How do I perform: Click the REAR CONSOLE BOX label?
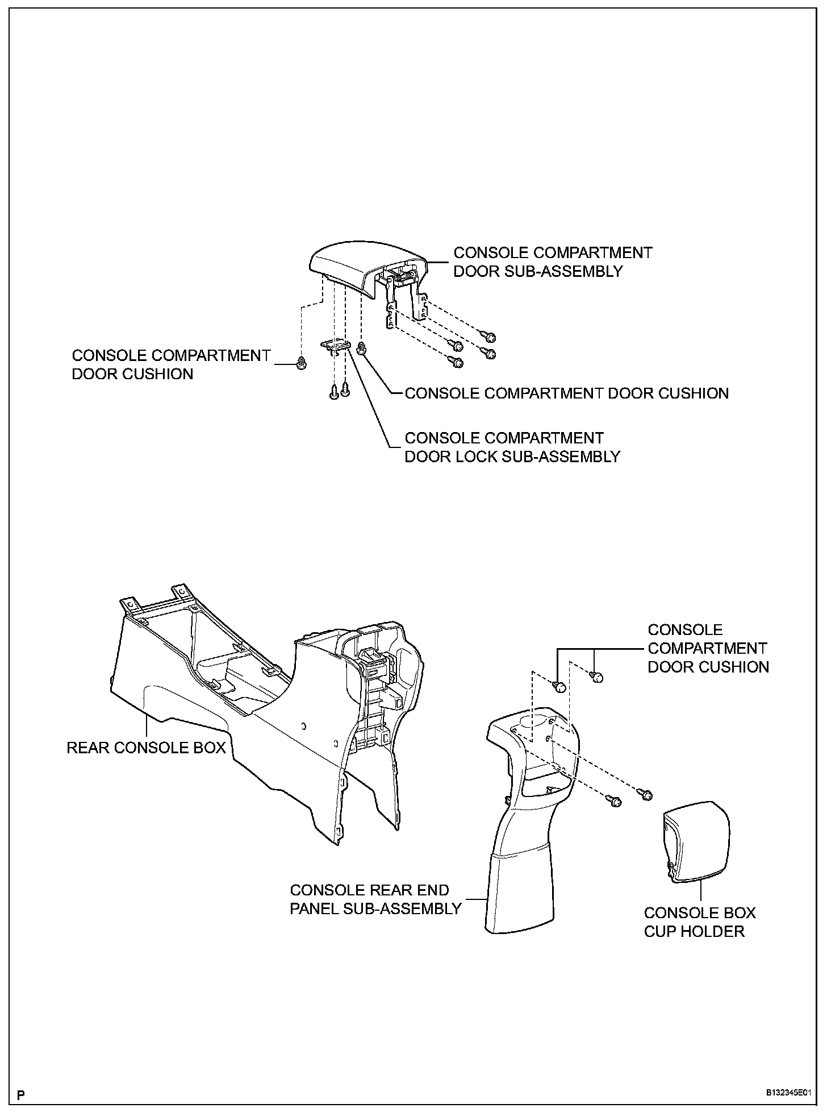pos(146,747)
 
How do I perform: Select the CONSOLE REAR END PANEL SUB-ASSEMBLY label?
pos(375,899)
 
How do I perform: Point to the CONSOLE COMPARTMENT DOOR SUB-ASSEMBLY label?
pos(552,262)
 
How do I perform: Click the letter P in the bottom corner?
pos(21,1093)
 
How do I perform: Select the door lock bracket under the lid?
pos(337,346)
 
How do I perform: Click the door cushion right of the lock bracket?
pos(364,348)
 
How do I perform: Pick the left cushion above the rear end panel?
pos(560,687)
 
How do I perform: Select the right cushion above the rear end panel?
pos(596,677)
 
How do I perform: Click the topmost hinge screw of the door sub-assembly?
pos(488,337)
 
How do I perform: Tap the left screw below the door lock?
pos(334,392)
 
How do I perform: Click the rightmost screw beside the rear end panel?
pos(646,794)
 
